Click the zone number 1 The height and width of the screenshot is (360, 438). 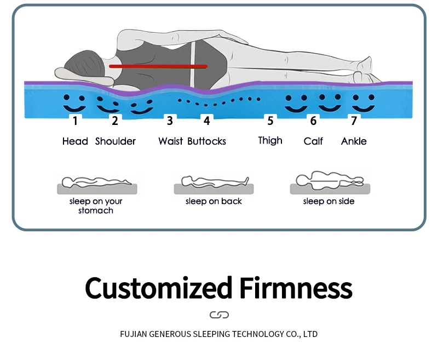tap(75, 121)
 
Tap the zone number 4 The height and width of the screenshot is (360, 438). tap(206, 121)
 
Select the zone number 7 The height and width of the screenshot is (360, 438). tap(354, 121)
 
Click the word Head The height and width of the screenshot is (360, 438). tap(75, 141)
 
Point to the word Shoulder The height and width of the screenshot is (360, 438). tap(116, 141)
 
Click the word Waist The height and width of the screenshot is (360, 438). tap(170, 141)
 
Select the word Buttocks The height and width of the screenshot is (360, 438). tap(206, 141)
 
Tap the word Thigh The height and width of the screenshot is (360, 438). tap(270, 140)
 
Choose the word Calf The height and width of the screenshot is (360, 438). tap(313, 141)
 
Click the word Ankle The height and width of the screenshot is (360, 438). tap(354, 141)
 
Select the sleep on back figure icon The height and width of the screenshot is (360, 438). tap(214, 181)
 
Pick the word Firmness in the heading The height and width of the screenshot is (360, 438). tap(296, 288)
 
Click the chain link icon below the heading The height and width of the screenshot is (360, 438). tap(219, 315)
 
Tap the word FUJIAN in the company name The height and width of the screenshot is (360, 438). tap(134, 334)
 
